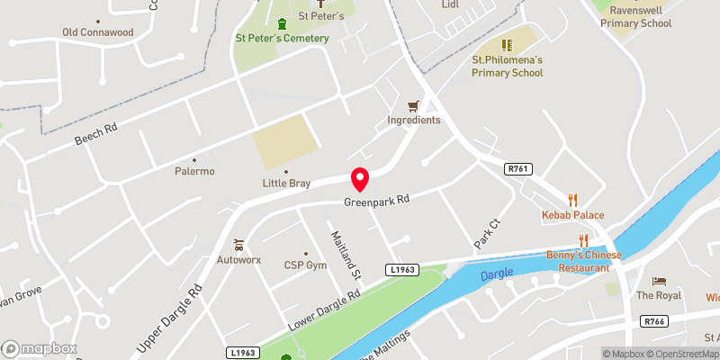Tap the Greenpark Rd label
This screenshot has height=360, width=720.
376,202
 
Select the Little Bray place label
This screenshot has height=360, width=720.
286,184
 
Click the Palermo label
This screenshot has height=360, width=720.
194,171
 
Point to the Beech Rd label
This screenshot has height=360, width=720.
96,137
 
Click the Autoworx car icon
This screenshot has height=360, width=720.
238,244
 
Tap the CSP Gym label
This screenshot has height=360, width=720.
305,265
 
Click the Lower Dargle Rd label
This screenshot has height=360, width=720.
323,309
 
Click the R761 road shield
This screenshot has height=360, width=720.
517,168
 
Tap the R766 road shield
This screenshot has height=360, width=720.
653,321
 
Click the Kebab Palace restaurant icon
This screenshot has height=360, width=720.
571,199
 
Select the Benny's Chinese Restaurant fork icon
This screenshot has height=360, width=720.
583,239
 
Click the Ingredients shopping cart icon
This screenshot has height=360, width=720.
414,105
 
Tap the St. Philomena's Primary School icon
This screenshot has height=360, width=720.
507,44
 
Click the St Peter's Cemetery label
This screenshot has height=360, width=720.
282,38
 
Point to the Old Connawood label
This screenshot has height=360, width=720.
97,32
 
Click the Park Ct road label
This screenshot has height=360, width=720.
487,235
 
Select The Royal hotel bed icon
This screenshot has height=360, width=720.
659,281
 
